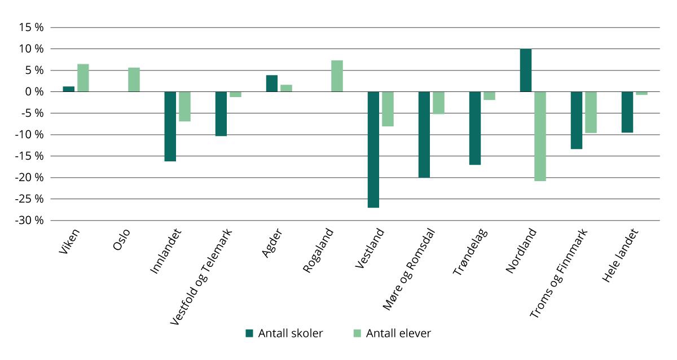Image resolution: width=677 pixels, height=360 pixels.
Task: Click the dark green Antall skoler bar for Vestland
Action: (373, 150)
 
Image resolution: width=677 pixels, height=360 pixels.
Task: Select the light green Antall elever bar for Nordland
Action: (540, 136)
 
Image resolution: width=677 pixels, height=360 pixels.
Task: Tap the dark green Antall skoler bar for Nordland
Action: (525, 70)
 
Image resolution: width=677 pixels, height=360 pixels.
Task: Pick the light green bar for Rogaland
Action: (337, 76)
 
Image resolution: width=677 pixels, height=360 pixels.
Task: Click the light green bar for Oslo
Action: (134, 80)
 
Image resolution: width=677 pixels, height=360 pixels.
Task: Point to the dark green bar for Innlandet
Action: (170, 126)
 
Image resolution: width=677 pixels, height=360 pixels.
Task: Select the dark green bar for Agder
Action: (271, 83)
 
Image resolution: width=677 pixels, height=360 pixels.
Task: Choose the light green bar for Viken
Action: (83, 78)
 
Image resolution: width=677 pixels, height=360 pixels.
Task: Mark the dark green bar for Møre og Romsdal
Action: (424, 134)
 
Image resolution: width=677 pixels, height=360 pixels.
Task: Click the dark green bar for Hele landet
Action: (627, 112)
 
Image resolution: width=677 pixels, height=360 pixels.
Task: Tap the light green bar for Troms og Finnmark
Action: (591, 112)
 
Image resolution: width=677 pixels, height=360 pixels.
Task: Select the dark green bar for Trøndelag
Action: (474, 128)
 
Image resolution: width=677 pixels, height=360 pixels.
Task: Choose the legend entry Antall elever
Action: (392, 333)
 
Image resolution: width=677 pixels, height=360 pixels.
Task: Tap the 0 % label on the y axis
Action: (35, 91)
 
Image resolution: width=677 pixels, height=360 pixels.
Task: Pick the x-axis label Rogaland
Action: (318, 251)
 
